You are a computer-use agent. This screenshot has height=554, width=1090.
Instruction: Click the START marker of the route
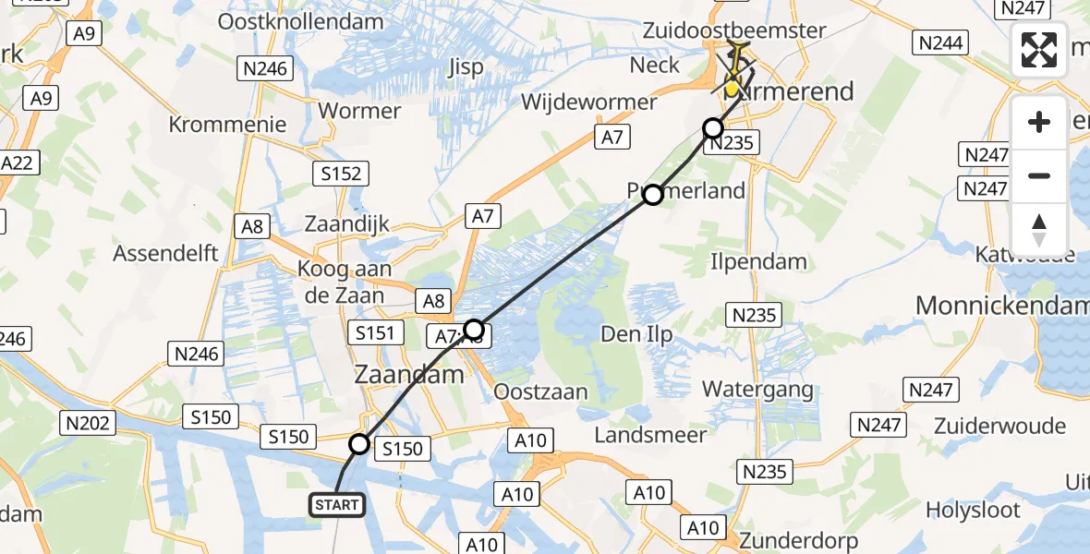point(337,504)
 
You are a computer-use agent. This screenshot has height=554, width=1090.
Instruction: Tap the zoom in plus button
point(1039,122)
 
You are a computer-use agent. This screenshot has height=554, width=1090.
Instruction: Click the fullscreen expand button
point(1039,50)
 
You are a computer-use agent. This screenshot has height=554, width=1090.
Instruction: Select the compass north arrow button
point(1039,230)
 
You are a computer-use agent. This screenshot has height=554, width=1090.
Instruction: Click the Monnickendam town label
point(1001,305)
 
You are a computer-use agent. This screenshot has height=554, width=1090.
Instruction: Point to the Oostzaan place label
point(541,391)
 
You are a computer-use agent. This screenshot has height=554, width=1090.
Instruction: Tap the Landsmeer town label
point(644,433)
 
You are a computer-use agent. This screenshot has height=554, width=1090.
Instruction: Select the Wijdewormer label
point(589,102)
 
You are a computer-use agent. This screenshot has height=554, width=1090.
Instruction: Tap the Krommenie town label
point(228,125)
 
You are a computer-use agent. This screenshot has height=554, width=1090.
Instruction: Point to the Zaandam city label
point(409,374)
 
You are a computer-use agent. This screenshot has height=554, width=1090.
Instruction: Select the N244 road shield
point(940,42)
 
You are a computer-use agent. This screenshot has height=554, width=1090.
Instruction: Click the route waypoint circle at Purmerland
point(653,194)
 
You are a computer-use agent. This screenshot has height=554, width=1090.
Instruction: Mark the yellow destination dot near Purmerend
point(732,90)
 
